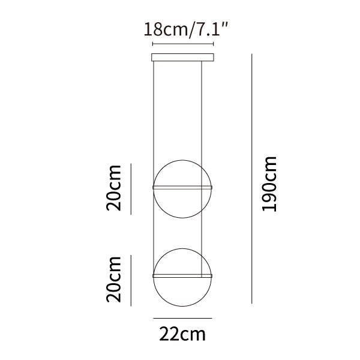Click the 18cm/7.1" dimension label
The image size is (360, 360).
click(x=186, y=29)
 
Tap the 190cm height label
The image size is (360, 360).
click(x=269, y=184)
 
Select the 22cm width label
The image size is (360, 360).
click(x=182, y=335)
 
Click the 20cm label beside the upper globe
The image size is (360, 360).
click(x=113, y=188)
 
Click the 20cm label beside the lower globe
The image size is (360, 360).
click(x=113, y=279)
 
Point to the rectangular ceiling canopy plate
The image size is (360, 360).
click(x=183, y=58)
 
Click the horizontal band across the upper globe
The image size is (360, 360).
click(x=182, y=187)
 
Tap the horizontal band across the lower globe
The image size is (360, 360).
click(x=182, y=276)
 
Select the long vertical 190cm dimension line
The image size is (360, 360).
click(x=252, y=179)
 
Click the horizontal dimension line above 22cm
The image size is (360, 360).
click(x=182, y=318)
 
